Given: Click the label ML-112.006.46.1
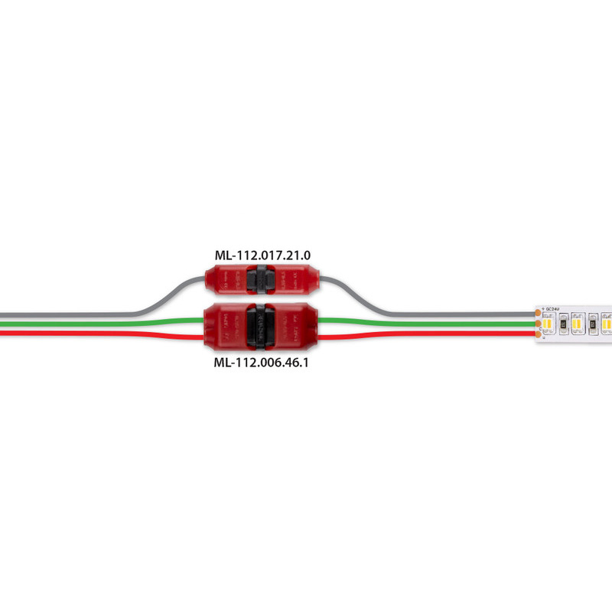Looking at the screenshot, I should click(x=262, y=364).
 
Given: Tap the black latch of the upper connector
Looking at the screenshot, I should click(x=262, y=281).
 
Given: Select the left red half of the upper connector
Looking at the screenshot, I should click(x=229, y=281).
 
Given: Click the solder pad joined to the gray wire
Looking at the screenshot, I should click(x=540, y=314).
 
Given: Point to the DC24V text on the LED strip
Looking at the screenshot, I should click(x=552, y=308).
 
